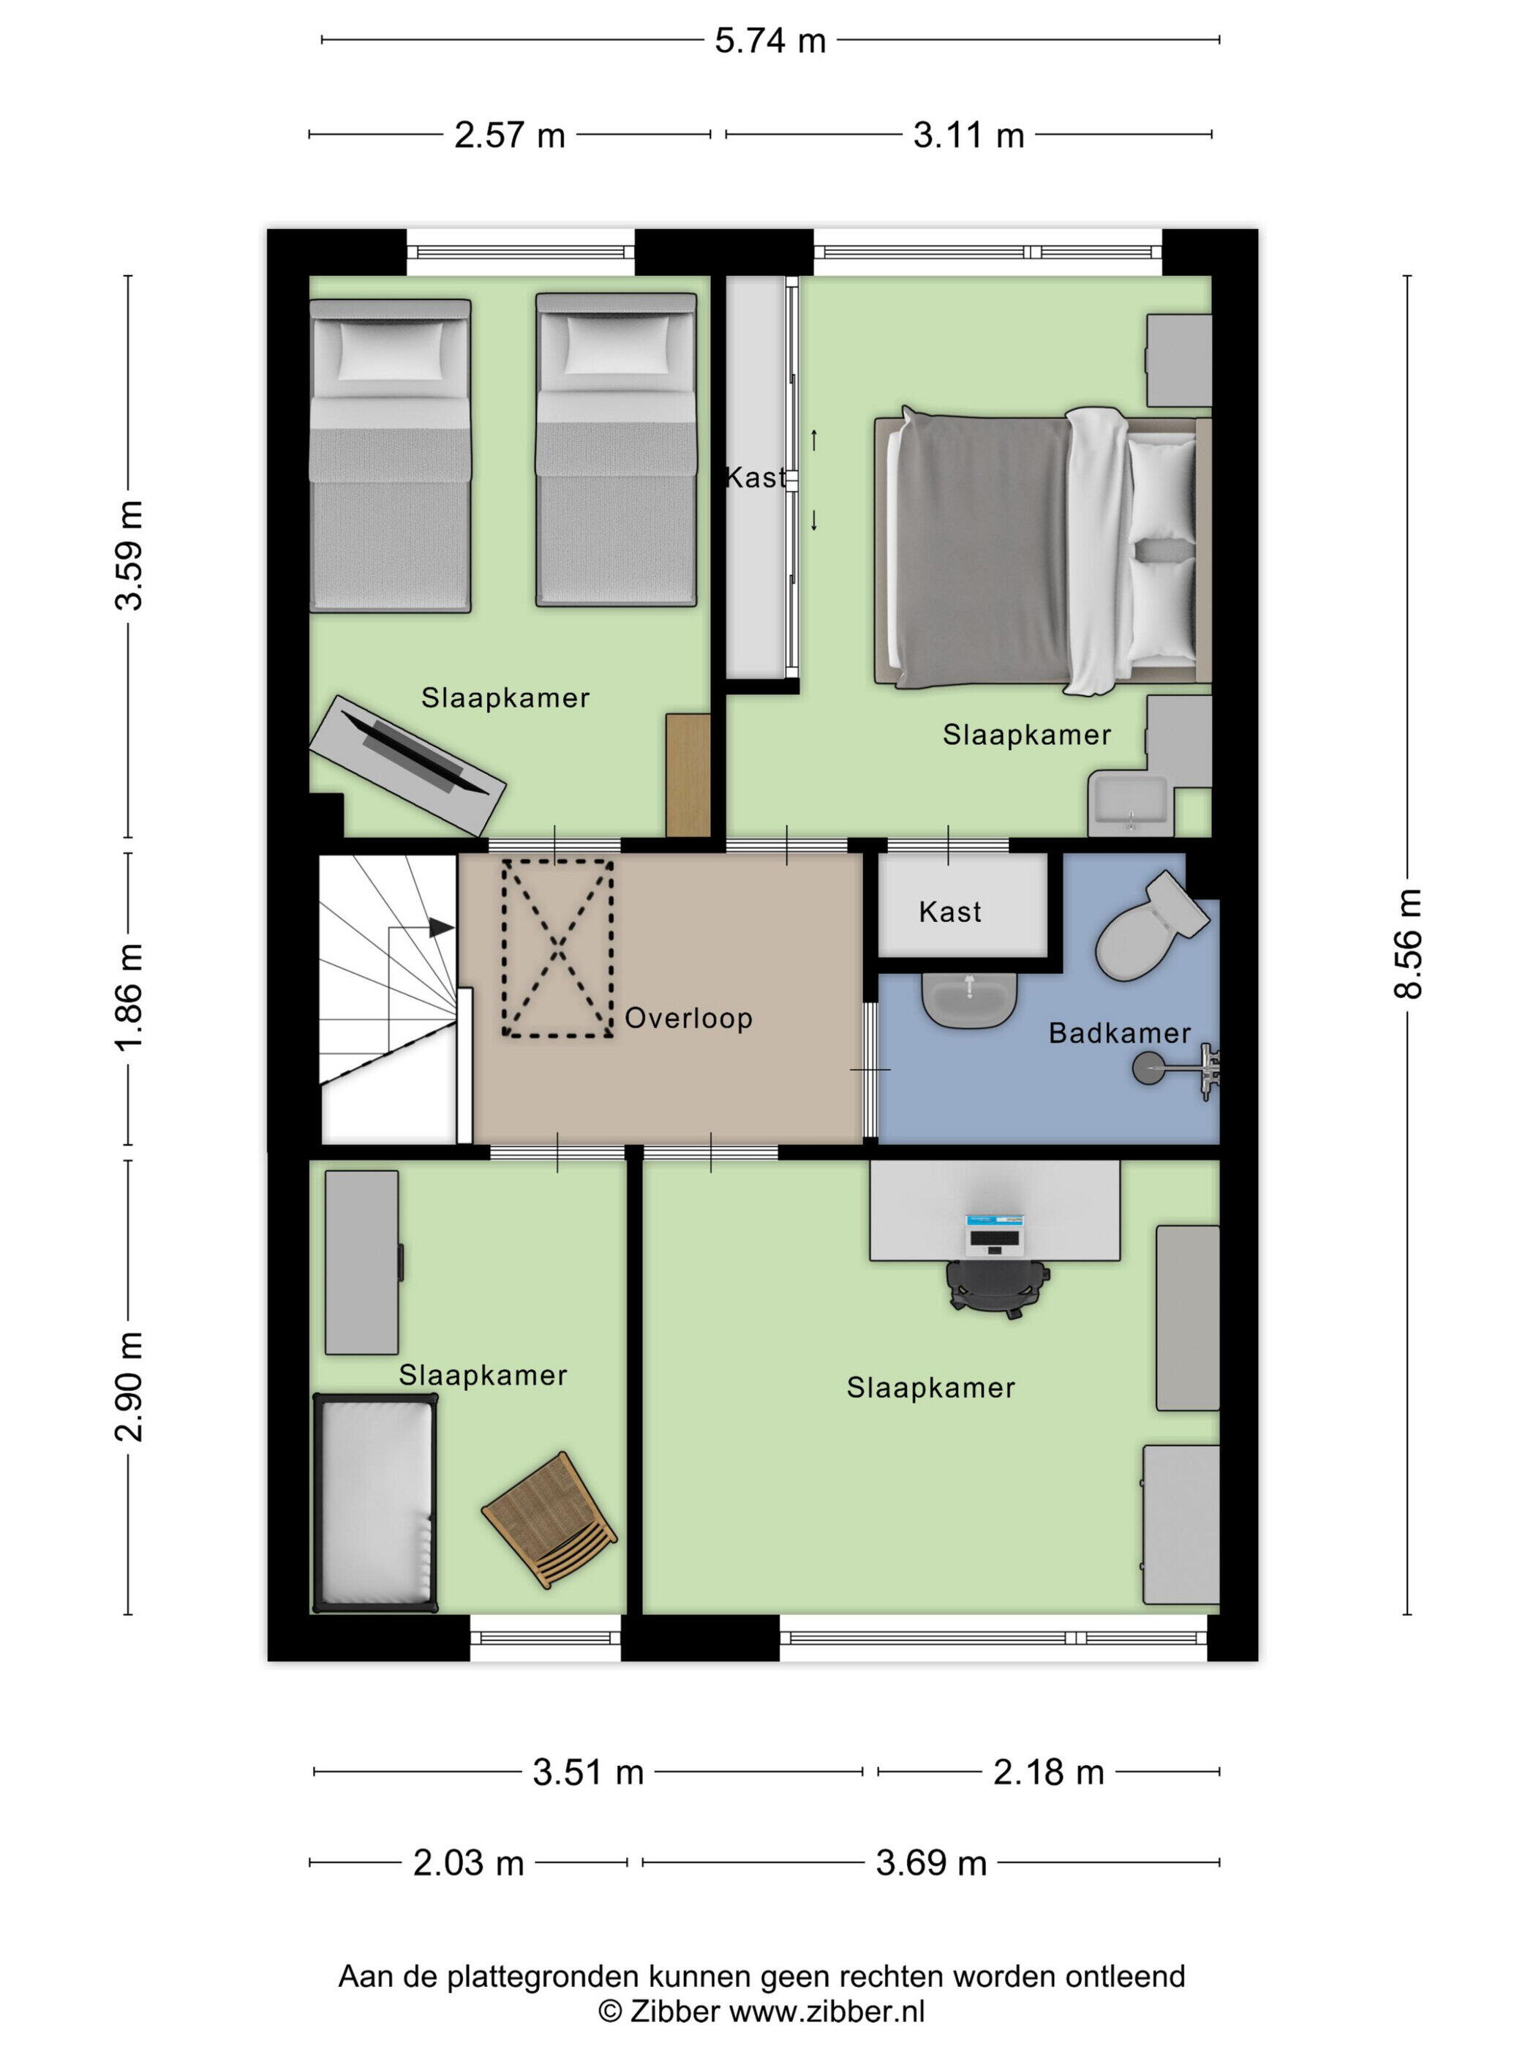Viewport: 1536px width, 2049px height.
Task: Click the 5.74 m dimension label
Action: pos(769,41)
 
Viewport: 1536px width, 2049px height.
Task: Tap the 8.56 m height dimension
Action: pos(1407,943)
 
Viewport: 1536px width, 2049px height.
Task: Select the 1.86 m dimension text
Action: pos(129,997)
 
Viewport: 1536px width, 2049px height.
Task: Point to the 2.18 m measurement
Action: pos(1048,1773)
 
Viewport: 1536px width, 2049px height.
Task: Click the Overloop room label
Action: pos(688,1018)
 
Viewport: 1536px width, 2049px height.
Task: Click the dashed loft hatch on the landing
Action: pos(557,948)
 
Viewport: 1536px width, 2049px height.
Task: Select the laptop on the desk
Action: pos(993,1233)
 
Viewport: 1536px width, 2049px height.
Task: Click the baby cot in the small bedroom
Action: pos(375,1502)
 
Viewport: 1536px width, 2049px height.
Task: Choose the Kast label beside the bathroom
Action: pos(950,913)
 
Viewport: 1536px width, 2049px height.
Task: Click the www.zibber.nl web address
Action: pos(827,2011)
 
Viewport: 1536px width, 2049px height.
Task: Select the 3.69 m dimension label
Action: pos(930,1863)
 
